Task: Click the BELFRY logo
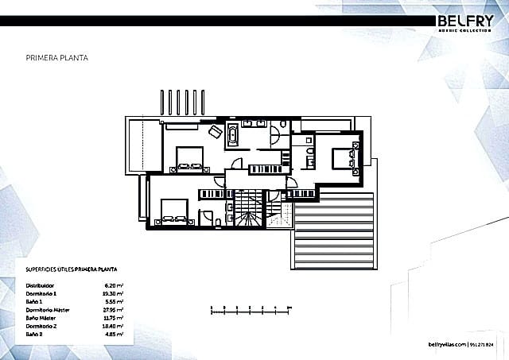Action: pyautogui.click(x=468, y=21)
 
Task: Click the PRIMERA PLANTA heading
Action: pyautogui.click(x=57, y=58)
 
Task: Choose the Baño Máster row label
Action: pyautogui.click(x=44, y=318)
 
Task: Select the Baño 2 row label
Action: pyautogui.click(x=37, y=335)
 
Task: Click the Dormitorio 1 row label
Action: pyautogui.click(x=42, y=293)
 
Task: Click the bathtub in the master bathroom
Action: pyautogui.click(x=232, y=135)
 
